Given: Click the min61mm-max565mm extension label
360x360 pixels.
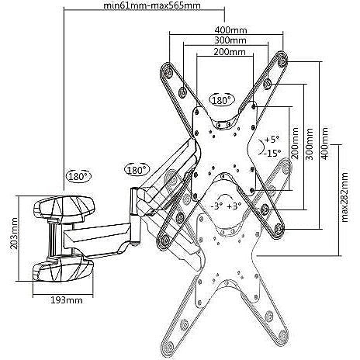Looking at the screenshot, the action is pos(152,5).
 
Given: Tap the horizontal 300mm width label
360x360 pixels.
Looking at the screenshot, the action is pos(230,40).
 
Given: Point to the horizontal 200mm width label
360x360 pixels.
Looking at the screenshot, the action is pos(230,52).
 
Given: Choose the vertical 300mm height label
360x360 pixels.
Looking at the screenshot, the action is pos(310,143).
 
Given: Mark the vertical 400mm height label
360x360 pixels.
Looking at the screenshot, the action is pos(324,143).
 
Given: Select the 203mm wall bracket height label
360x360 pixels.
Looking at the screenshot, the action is pos(13,234).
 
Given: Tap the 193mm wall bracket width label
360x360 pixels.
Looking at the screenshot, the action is pos(67,300).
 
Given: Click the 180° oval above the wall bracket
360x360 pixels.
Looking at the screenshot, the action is pos(79,177).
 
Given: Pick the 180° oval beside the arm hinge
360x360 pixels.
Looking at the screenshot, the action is pos(137,170).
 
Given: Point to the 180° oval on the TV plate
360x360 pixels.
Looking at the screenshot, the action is pos(222,100).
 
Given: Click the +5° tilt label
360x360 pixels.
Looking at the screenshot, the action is pos(272,140).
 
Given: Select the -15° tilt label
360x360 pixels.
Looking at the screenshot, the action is pos(272,153).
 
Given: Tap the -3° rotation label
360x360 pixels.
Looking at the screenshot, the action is pos(216,206).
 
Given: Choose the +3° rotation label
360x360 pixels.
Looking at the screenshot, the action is pos(234,206).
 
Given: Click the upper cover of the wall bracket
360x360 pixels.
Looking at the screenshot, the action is pos(64,208).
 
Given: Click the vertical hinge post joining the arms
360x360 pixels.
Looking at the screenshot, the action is pos(135,216).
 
